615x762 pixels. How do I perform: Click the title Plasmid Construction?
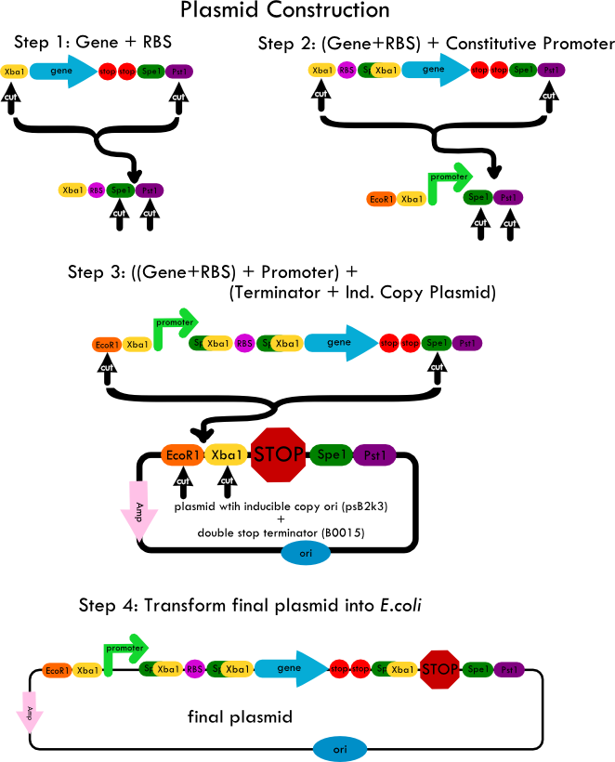coord(285,11)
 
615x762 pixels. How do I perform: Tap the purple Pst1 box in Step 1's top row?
coord(179,72)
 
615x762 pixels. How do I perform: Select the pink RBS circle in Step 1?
coord(97,190)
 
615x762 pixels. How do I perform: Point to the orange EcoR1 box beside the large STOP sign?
coord(183,454)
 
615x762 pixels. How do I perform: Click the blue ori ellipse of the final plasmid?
coord(340,749)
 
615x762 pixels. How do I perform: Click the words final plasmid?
coord(240,716)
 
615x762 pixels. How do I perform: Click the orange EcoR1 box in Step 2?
coord(381,199)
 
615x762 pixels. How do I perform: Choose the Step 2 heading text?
coord(436,44)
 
